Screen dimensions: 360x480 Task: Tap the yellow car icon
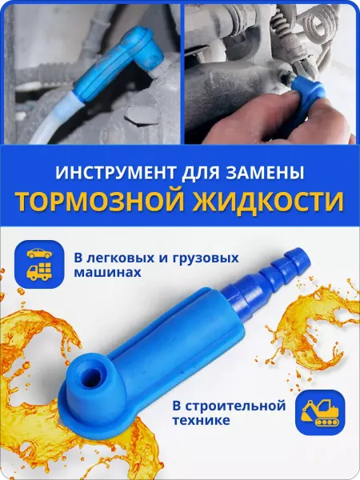pos(39,253)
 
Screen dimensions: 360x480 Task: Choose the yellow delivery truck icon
pos(39,271)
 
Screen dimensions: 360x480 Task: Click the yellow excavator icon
pos(320,412)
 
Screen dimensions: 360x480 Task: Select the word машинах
pos(107,272)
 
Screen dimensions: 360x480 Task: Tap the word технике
pos(201,420)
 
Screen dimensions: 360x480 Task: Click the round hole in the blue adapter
pos(92,374)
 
